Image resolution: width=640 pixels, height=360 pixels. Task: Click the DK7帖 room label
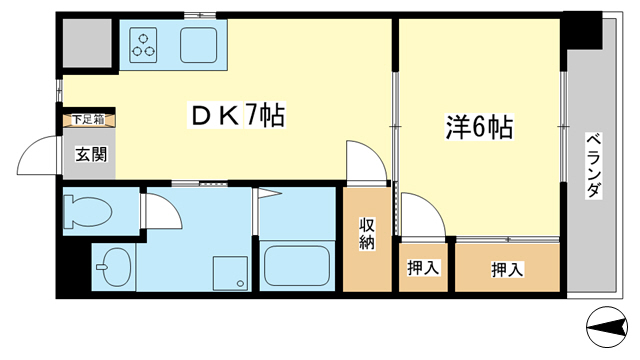(x=238, y=117)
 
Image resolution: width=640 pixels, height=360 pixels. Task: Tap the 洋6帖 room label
(x=479, y=128)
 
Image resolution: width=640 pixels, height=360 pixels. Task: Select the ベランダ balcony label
(x=592, y=164)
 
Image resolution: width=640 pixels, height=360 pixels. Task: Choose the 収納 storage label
(x=368, y=233)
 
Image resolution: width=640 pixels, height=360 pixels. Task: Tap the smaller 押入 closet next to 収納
(x=424, y=268)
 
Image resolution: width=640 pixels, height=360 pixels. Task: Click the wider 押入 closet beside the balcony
(x=506, y=268)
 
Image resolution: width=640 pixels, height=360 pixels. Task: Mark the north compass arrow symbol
(x=606, y=325)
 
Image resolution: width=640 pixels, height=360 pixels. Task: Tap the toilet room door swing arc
(x=161, y=212)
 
